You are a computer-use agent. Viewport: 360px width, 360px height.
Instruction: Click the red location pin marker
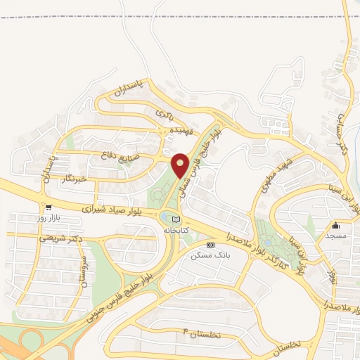coord(180,165)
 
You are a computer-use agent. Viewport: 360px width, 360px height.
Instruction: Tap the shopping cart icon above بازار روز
coord(49,207)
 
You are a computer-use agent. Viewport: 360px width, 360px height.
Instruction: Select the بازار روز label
coord(49,218)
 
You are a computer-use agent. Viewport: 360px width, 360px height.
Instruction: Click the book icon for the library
coord(175,221)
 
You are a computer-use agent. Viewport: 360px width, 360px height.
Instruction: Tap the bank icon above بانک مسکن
coord(211,244)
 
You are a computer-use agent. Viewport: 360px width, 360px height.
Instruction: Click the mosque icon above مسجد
coord(336,226)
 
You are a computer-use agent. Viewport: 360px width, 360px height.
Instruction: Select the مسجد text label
coord(336,236)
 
